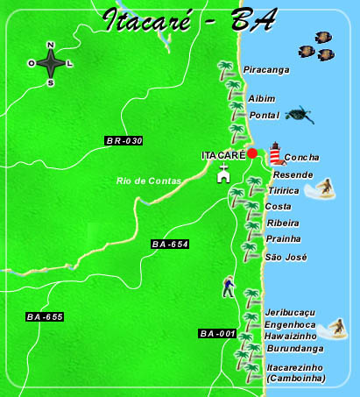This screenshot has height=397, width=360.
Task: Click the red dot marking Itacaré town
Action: click(252, 153)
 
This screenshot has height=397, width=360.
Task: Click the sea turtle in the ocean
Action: click(300, 114)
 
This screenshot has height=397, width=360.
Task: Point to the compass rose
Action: click(51, 63)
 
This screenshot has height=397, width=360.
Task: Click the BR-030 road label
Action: click(124, 140)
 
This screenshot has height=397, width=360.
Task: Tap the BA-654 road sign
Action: click(170, 244)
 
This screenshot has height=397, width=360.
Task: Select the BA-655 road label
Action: click(45, 316)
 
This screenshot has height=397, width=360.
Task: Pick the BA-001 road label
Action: click(218, 334)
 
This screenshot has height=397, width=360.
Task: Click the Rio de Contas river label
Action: click(148, 181)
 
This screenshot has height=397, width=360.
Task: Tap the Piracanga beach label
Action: click(266, 69)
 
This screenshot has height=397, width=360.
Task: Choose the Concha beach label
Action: click(302, 158)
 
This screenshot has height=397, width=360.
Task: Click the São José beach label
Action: click(286, 257)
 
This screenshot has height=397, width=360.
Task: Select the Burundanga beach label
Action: click(292, 348)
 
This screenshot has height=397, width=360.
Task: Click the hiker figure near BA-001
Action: click(229, 287)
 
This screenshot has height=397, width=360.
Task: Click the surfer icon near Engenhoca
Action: click(336, 329)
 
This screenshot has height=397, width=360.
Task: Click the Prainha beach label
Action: click(283, 238)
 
